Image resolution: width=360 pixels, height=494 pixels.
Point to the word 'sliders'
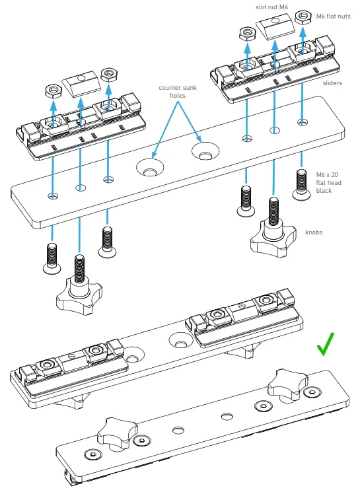(x=332, y=84)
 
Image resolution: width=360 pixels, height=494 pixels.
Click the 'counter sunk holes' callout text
(x=176, y=91)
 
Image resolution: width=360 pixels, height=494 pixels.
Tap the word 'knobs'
(x=315, y=233)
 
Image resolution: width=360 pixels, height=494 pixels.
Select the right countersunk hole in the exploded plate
(x=204, y=152)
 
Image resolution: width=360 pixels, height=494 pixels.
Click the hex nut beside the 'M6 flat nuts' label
(x=304, y=17)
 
